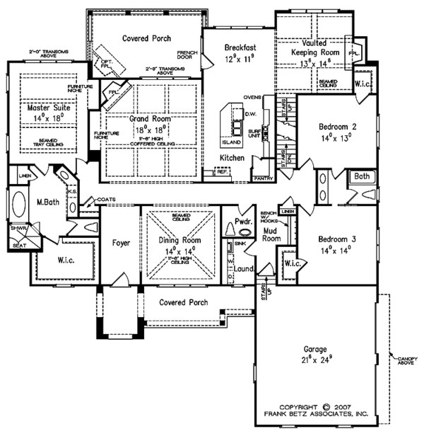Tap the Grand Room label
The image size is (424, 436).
(x=148, y=119)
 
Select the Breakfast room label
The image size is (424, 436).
(x=240, y=48)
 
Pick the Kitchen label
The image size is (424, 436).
(x=232, y=156)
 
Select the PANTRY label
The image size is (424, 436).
(x=262, y=179)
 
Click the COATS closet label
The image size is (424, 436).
(x=105, y=200)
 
